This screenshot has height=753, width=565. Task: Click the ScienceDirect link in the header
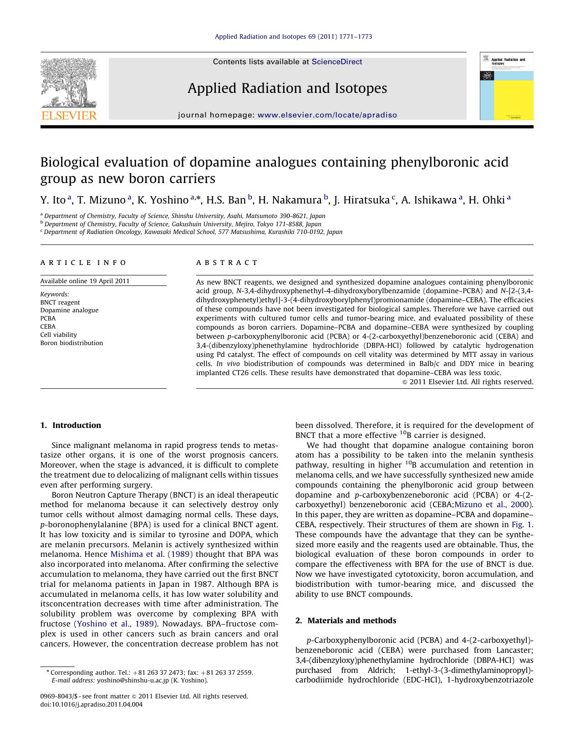(337, 62)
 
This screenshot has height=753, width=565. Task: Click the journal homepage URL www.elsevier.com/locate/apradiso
(327, 115)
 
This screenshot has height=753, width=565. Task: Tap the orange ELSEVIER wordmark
(69, 116)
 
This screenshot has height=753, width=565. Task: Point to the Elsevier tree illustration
(68, 82)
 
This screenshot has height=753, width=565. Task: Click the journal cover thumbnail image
(506, 86)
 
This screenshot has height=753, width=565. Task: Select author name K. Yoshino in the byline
(163, 200)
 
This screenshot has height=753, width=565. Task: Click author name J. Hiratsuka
(361, 200)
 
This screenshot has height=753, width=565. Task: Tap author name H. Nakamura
(290, 200)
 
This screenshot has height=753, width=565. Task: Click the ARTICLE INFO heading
(83, 263)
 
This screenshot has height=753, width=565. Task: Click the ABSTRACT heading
(227, 263)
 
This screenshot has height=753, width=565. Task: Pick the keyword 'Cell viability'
(59, 335)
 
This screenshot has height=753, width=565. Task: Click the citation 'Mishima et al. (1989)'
(152, 554)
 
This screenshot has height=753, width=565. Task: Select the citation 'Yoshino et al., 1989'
(116, 624)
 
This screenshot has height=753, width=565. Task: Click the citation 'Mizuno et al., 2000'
(492, 504)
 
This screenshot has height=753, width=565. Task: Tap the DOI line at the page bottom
(92, 704)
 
